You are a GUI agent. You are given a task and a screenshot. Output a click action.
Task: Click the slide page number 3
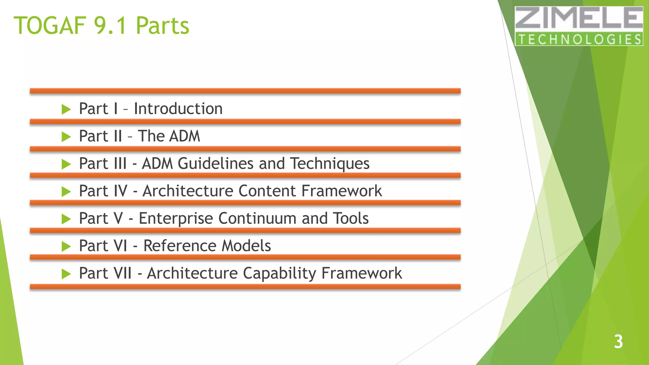coord(618,342)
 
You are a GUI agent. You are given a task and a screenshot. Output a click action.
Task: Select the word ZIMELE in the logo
coord(579,18)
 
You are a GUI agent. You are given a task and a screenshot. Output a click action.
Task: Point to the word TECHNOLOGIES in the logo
coord(579,39)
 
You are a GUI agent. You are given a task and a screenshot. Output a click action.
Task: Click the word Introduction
coord(178,109)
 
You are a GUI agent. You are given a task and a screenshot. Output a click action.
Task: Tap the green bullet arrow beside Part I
coord(66,110)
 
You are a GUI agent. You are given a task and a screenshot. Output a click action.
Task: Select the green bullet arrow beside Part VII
coord(66,274)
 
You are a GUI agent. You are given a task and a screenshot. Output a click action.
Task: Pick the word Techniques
coord(330,164)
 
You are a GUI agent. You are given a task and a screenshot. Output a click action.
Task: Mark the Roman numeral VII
coord(123,273)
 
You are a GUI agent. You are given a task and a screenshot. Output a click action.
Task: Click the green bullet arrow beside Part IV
coord(66,192)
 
